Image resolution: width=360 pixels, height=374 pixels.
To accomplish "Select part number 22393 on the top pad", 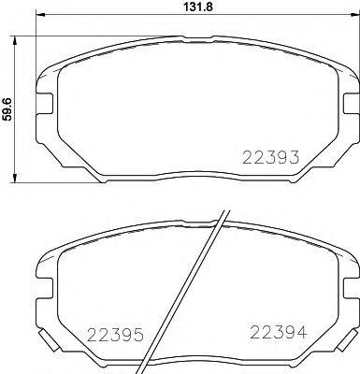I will [271, 156].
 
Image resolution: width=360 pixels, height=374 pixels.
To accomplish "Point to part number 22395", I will [115, 334].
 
